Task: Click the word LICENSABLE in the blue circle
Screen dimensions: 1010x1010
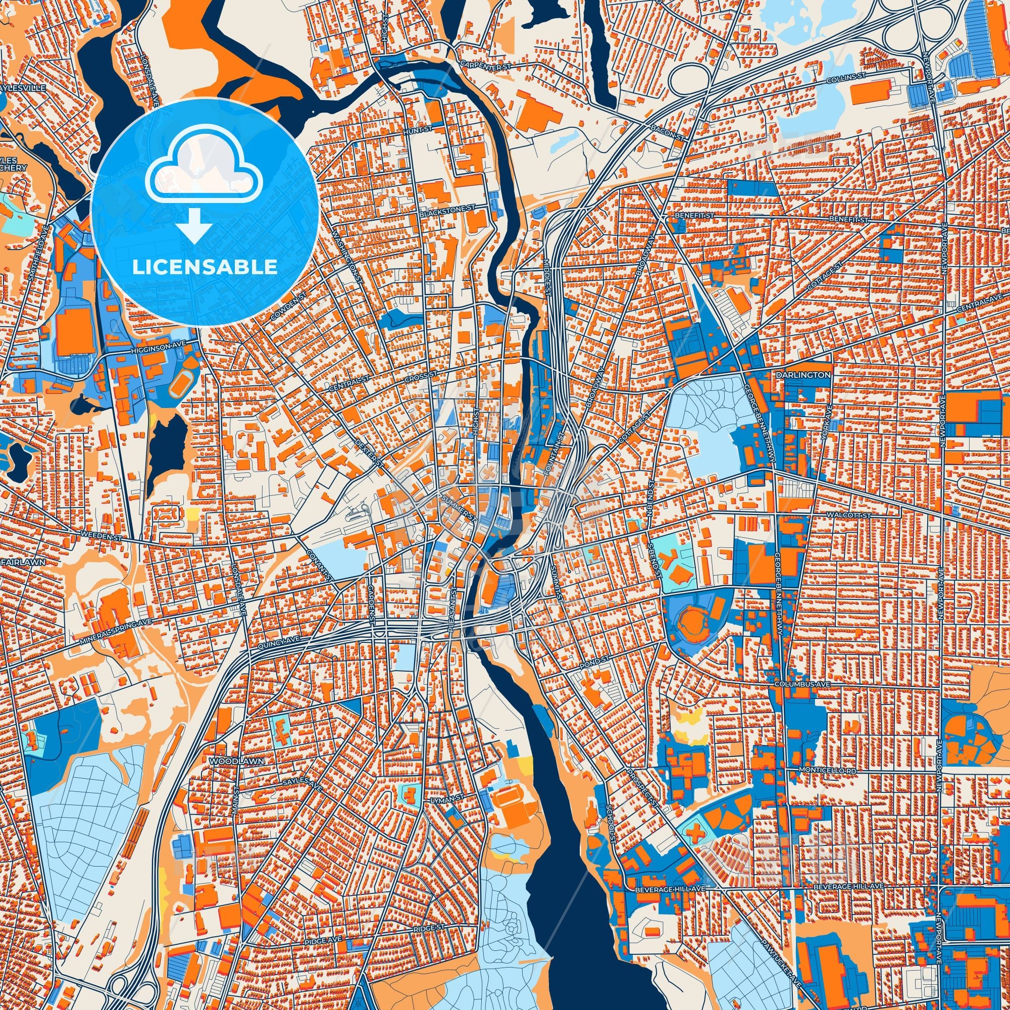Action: [x=205, y=267]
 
